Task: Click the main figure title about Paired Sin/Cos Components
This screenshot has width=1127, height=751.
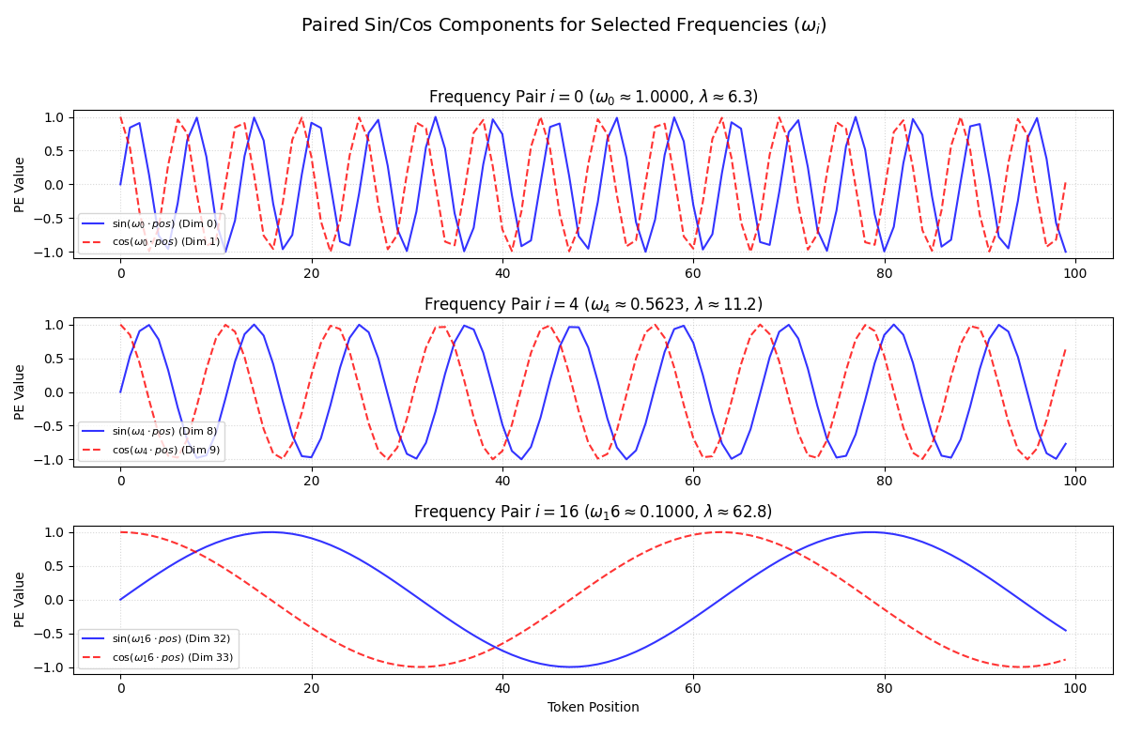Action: coord(563,26)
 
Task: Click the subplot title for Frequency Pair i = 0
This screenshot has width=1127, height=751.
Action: coord(594,97)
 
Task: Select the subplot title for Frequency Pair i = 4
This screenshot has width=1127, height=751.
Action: coord(594,304)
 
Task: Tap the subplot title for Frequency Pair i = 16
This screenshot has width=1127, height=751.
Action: coord(594,512)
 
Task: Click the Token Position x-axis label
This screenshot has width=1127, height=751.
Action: coord(594,707)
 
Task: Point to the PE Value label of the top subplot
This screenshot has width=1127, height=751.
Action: coord(21,184)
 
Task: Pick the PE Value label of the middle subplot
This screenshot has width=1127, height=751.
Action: coord(21,392)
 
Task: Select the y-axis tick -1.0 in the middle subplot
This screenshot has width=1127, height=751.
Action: coord(52,460)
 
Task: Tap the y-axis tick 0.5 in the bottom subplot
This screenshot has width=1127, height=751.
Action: coord(55,566)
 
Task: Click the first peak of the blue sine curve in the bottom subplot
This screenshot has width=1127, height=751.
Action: coord(270,532)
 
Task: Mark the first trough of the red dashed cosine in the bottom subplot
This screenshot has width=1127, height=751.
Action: coord(420,667)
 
